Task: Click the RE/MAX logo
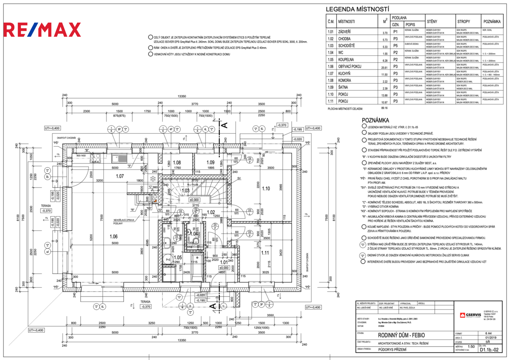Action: click(x=42, y=30)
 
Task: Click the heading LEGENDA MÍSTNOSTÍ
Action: click(x=357, y=9)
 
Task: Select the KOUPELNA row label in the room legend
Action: click(x=346, y=60)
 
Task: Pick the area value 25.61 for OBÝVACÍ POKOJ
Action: click(x=384, y=68)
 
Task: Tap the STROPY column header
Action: click(x=463, y=22)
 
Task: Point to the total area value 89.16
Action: click(x=384, y=108)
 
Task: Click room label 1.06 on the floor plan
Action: click(x=114, y=237)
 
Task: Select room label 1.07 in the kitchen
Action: click(x=120, y=176)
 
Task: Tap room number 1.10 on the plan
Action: click(x=266, y=189)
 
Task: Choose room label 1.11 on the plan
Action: click(x=265, y=253)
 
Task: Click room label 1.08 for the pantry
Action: click(x=177, y=163)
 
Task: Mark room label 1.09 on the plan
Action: click(x=210, y=163)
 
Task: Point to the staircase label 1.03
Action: click(x=185, y=191)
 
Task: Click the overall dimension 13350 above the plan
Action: click(x=182, y=96)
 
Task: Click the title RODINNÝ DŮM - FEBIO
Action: click(x=401, y=335)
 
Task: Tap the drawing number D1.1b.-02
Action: click(x=489, y=350)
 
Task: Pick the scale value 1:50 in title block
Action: click(x=471, y=347)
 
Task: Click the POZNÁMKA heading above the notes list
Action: click(x=375, y=120)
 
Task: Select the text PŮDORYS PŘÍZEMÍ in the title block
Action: click(x=392, y=350)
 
